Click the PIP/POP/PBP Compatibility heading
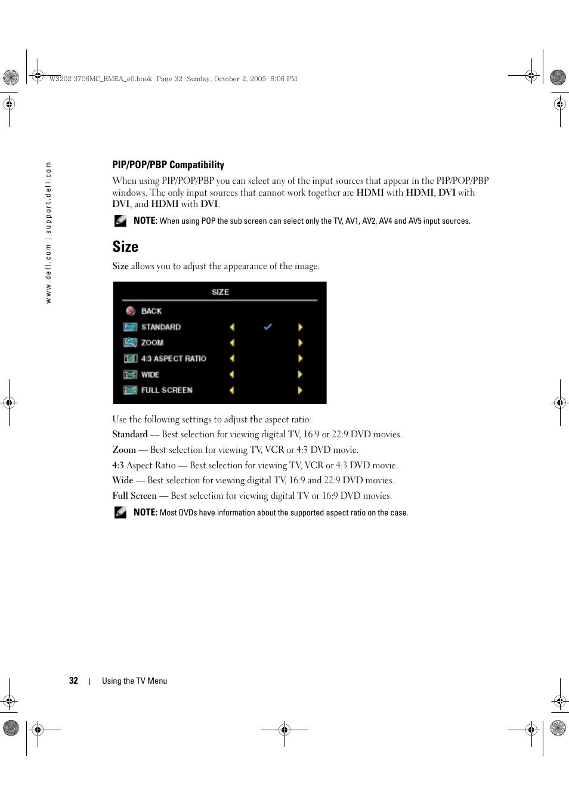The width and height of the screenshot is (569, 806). tap(168, 165)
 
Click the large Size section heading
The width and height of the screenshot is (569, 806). tap(125, 246)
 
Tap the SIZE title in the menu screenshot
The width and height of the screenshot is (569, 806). tap(220, 292)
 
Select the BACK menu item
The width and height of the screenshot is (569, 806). tap(151, 311)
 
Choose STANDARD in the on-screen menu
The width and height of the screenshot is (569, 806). tap(160, 327)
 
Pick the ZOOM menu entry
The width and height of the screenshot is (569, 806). tap(152, 342)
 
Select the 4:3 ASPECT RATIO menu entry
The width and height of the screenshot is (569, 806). tap(174, 359)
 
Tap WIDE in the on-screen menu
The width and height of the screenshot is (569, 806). tap(150, 375)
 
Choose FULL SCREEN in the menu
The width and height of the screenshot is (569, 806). tap(166, 390)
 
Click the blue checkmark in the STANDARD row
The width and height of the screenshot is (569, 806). tap(268, 327)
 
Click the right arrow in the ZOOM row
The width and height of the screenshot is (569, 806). tap(300, 343)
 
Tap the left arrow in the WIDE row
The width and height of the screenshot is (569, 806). tap(232, 375)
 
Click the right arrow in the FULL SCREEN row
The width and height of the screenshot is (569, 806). tap(300, 390)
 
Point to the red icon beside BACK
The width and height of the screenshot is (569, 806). tap(131, 311)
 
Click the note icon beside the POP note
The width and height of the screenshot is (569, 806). tap(120, 221)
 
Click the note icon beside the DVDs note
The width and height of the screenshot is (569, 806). tap(120, 512)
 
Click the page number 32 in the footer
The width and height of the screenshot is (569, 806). tap(73, 681)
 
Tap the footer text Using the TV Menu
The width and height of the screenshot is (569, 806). tap(134, 681)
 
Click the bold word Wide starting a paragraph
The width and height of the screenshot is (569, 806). tap(123, 480)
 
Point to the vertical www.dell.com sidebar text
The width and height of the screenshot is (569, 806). tap(48, 233)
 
